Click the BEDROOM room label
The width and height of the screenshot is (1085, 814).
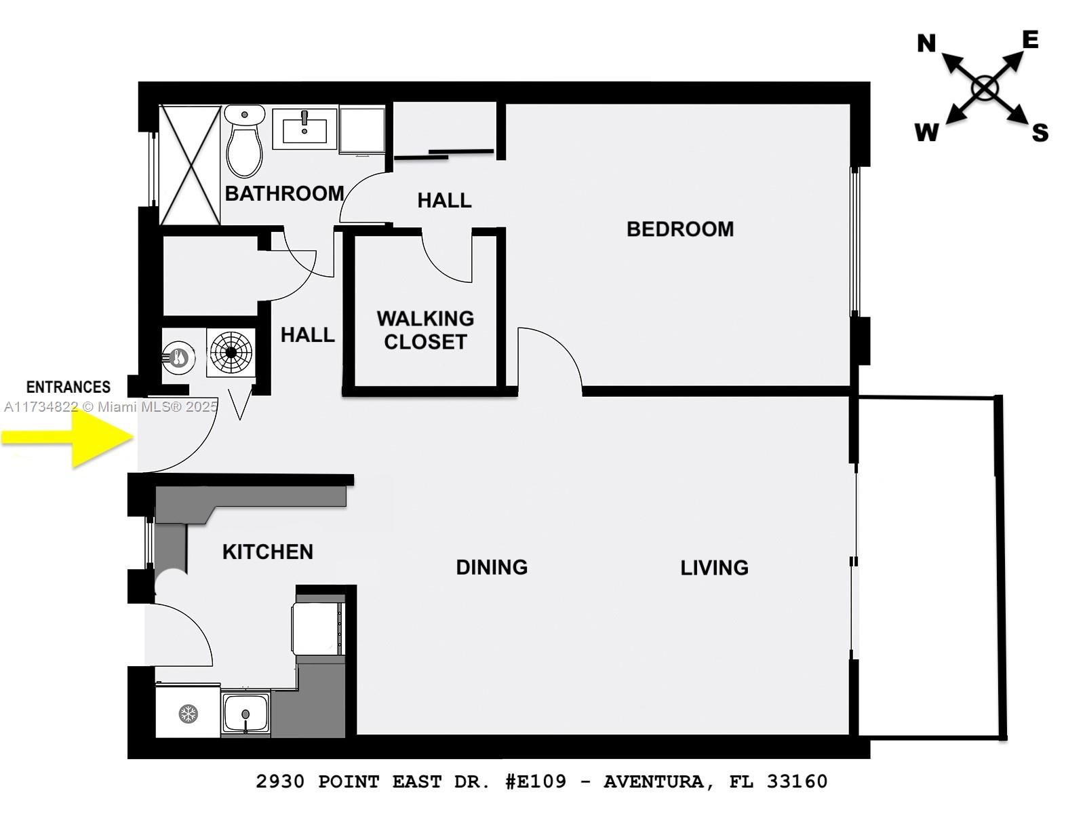[x=679, y=229]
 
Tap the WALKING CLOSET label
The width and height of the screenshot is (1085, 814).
[x=425, y=330]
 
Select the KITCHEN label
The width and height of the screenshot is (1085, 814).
[x=267, y=552]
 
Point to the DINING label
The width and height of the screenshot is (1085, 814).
[x=491, y=567]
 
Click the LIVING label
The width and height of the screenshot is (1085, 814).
[x=714, y=568]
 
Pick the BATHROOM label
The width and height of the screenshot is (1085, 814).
[x=284, y=194]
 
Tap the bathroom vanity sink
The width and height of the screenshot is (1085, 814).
[x=304, y=128]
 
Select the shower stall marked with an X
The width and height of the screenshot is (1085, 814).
[x=190, y=165]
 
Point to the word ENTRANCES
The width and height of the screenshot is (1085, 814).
[x=68, y=387]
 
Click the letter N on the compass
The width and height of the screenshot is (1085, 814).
[x=926, y=44]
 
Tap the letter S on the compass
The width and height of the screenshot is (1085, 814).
[x=1040, y=133]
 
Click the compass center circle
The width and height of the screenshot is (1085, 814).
[x=985, y=88]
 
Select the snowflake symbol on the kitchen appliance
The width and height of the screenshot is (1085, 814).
[x=188, y=714]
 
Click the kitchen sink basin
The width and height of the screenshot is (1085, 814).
[x=245, y=714]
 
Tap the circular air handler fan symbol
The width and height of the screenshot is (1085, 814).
[x=231, y=352]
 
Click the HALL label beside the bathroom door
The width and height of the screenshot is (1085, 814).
[x=444, y=201]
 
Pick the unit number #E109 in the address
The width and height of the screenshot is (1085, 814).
[x=535, y=781]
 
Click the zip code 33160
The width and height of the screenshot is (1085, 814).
[x=797, y=781]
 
